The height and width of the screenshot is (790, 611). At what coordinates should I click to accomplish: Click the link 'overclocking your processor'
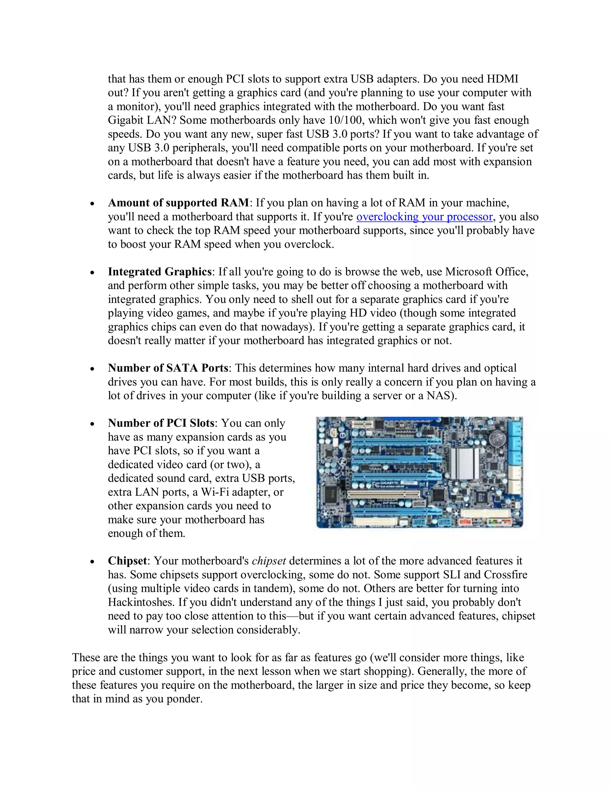tap(424, 217)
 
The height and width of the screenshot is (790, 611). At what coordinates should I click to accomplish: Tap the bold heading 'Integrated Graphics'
tap(159, 272)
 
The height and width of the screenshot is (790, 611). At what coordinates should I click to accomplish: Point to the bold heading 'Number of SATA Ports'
tap(168, 368)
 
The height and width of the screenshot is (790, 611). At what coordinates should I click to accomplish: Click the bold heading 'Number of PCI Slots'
tap(161, 423)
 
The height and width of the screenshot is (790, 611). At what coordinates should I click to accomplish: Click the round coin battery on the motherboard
tap(497, 439)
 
